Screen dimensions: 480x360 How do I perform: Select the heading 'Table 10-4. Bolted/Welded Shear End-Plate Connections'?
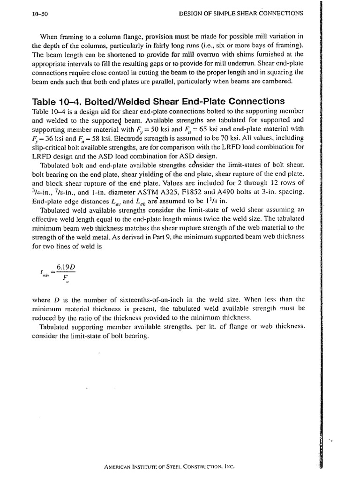pos(158,101)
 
